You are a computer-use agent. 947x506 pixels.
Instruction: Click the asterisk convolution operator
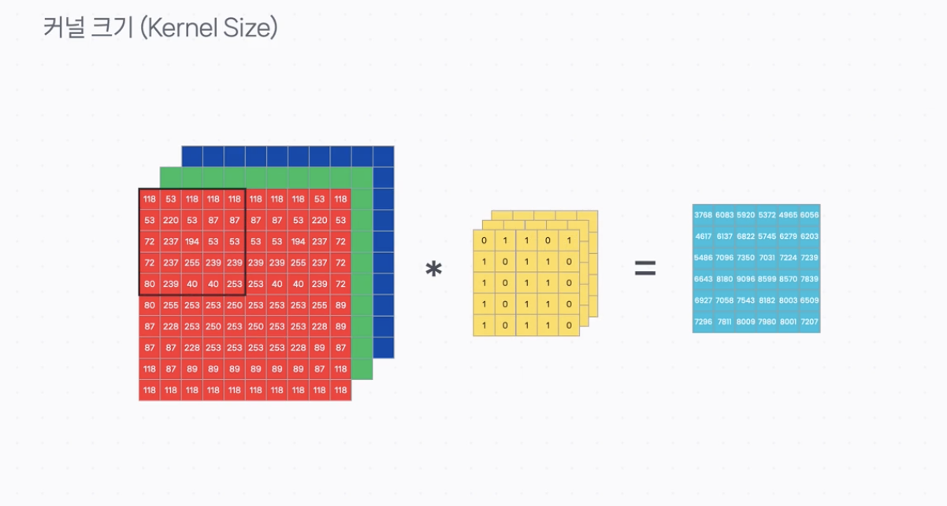click(x=433, y=270)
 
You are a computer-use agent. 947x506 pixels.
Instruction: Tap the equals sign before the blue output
click(x=645, y=270)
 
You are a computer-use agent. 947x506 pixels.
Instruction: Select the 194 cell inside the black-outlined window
click(x=192, y=241)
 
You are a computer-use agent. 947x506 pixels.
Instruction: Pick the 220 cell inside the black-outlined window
click(x=171, y=220)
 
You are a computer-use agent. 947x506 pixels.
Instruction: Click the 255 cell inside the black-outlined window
click(x=192, y=262)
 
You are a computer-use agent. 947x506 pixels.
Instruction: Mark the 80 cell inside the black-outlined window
click(x=150, y=284)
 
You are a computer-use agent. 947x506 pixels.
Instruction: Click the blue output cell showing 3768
click(x=703, y=215)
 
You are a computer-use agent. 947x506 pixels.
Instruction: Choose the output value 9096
click(x=745, y=279)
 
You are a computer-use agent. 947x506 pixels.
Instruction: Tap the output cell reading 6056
click(x=809, y=215)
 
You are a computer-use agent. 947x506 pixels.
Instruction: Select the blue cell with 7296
click(x=703, y=322)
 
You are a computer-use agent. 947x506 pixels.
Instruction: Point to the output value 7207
click(x=809, y=322)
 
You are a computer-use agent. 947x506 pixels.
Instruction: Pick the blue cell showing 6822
click(x=745, y=236)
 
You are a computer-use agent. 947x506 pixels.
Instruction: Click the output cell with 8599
click(x=767, y=279)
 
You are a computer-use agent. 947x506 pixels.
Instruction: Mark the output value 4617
click(x=703, y=236)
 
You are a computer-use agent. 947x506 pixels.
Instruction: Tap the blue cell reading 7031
click(x=767, y=258)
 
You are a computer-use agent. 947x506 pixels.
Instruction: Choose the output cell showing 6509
click(x=809, y=300)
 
